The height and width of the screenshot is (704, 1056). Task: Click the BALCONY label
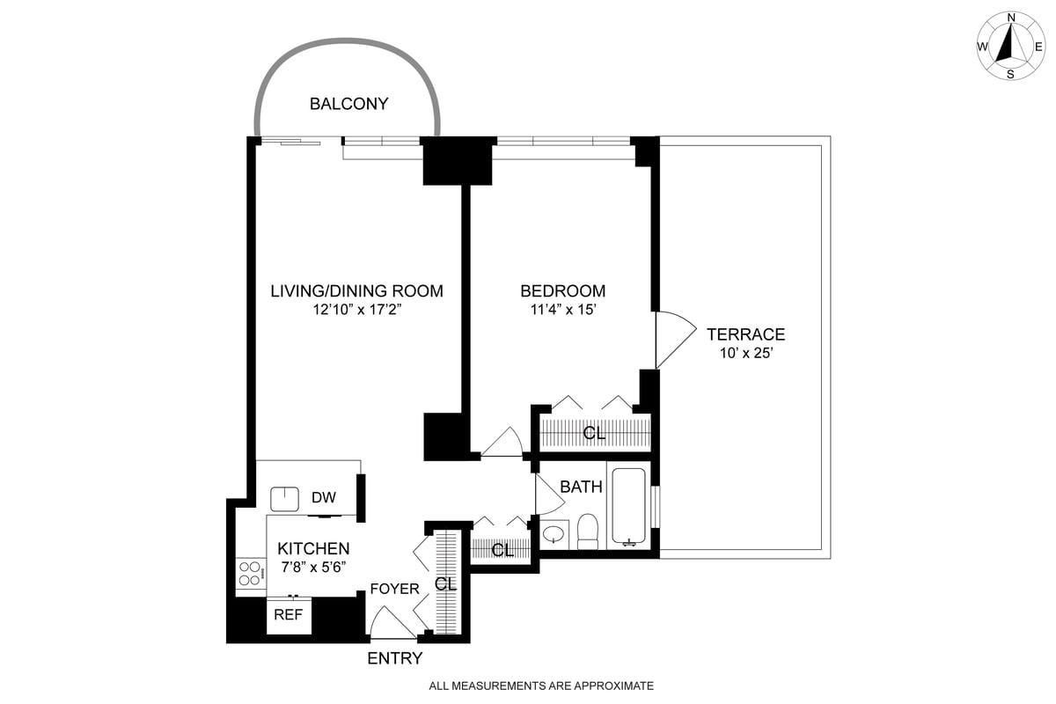[x=348, y=104]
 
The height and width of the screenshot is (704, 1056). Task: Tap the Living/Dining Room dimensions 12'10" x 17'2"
[x=356, y=310]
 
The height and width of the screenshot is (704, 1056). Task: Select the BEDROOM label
[x=562, y=291]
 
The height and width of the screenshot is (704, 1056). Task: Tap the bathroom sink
[x=554, y=534]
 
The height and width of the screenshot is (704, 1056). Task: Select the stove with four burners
[x=251, y=574]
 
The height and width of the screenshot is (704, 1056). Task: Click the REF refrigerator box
[x=289, y=615]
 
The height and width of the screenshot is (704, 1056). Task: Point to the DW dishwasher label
[x=324, y=498]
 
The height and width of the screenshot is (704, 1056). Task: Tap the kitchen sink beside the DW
[x=285, y=499]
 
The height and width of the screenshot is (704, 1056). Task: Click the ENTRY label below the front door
[x=395, y=659]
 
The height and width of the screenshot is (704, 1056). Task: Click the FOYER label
[x=394, y=589]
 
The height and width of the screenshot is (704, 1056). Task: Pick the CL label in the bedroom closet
[x=595, y=434]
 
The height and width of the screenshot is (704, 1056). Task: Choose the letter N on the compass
[x=1011, y=18]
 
